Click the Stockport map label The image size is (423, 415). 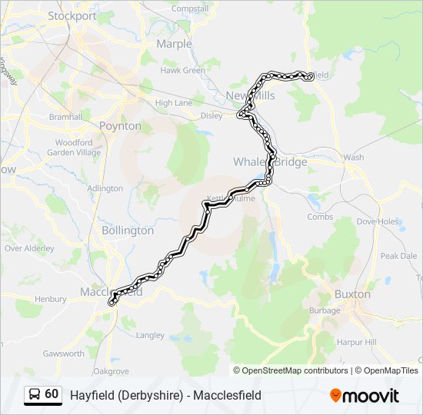tap(72, 15)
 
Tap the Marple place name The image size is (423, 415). tap(174, 44)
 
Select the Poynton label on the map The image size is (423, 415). tap(120, 125)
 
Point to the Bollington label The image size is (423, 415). tap(128, 230)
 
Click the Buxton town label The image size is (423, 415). tap(352, 294)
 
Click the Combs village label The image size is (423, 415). tap(320, 217)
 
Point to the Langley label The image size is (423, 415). tap(149, 335)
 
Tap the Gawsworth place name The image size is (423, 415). tap(64, 354)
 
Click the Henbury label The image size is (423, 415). tap(51, 299)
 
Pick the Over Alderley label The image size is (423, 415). tap(29, 248)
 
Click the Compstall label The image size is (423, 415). tap(190, 8)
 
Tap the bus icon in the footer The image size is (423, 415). tap(35, 394)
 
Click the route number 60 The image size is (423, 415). tap(52, 394)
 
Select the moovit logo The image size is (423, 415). tap(365, 395)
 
